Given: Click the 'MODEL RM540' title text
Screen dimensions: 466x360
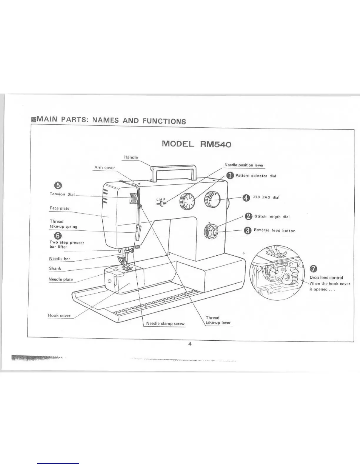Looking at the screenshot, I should click(196, 144).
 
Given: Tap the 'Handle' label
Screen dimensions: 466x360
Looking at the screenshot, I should click(131, 157).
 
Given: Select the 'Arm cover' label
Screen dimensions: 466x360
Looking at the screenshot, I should click(104, 168).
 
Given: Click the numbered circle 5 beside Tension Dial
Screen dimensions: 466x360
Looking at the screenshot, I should click(58, 185).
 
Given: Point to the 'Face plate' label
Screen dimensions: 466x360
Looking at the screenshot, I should click(59, 208).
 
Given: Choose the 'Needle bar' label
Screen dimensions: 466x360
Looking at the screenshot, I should click(59, 259).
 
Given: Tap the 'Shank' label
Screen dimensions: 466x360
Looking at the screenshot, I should click(55, 268).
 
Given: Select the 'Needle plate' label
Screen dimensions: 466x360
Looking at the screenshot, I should click(61, 279).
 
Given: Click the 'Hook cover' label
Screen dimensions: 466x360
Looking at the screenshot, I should click(59, 316).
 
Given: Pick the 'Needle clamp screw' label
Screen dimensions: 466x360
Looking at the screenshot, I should click(165, 324).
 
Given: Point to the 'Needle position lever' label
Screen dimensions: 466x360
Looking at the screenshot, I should click(244, 165).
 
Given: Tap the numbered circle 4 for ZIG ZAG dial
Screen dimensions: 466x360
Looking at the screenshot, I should click(246, 198).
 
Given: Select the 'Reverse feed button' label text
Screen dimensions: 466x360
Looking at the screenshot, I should click(274, 231).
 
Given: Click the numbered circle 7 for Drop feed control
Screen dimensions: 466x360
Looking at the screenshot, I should click(314, 269).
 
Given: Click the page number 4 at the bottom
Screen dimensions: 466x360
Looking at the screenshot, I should click(190, 344).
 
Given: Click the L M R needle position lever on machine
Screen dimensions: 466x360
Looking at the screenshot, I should click(161, 203).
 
